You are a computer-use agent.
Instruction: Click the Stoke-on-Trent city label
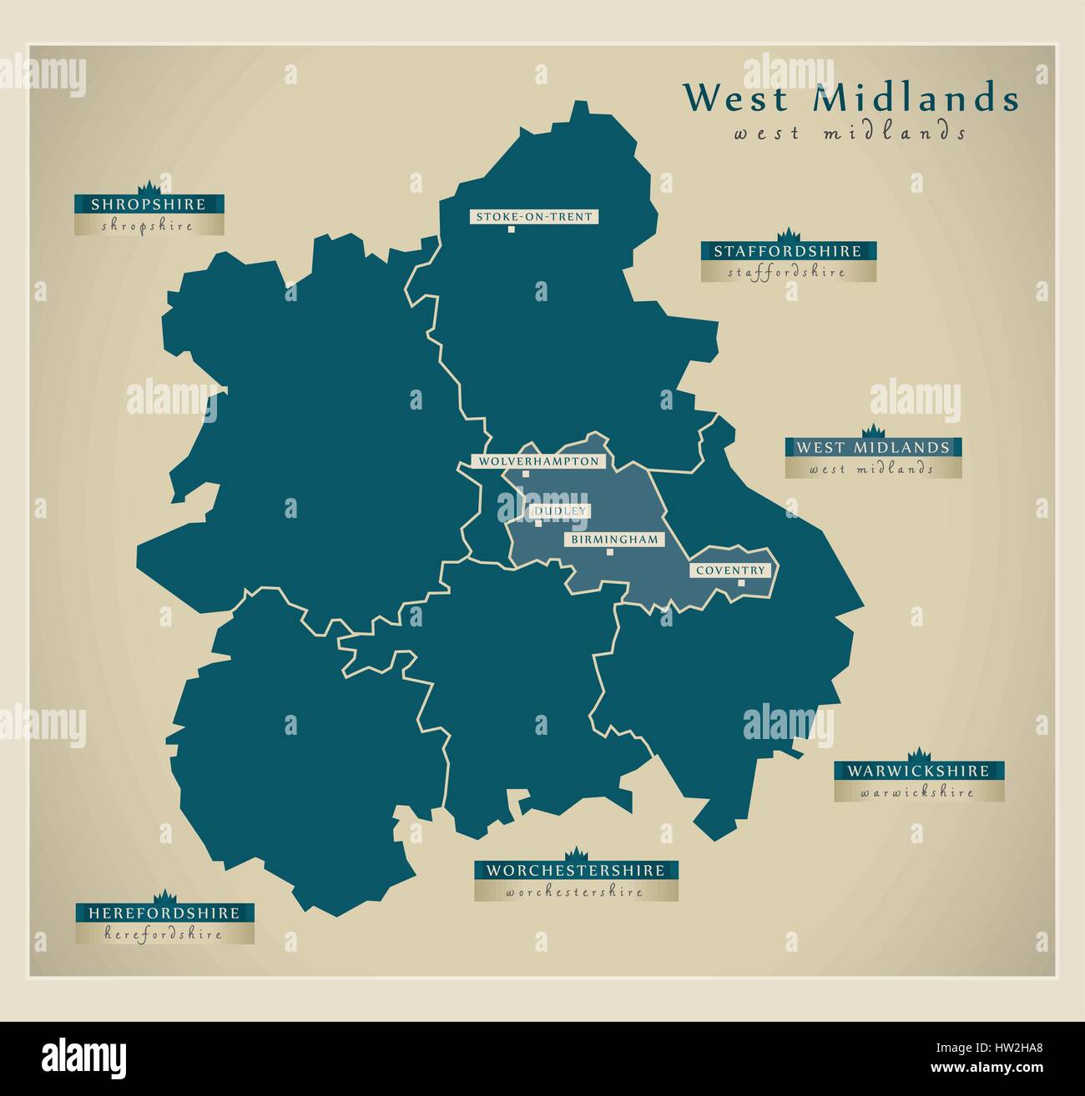[533, 217]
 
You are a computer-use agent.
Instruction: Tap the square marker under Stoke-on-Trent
[509, 230]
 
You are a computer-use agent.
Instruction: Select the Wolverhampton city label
[538, 461]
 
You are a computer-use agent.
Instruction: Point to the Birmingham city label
[614, 540]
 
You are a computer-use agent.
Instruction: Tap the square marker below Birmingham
[610, 552]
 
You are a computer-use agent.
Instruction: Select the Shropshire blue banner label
[149, 204]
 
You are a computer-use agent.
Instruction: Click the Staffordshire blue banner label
[787, 250]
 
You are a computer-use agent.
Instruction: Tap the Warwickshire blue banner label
[917, 771]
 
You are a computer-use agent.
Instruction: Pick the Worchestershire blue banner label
[576, 870]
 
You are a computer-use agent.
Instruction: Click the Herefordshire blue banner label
[164, 913]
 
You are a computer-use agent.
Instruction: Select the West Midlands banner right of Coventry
[872, 447]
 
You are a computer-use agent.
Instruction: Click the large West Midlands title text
[850, 98]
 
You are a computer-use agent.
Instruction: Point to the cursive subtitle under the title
[850, 133]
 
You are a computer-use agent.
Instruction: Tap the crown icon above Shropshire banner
[149, 185]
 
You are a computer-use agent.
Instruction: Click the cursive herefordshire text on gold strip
[164, 935]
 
